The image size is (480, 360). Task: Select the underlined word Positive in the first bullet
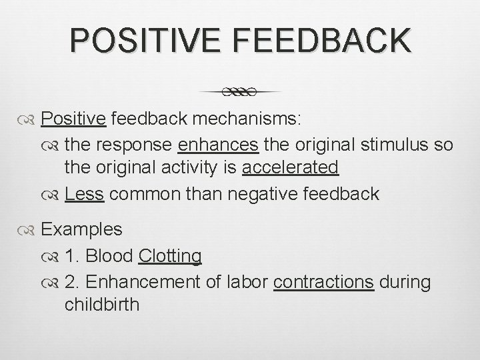73,119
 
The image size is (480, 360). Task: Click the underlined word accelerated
290,167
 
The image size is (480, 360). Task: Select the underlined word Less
85,194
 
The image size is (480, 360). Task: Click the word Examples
81,229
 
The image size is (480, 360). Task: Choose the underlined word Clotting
170,255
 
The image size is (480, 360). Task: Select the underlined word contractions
324,282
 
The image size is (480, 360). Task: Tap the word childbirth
102,305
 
